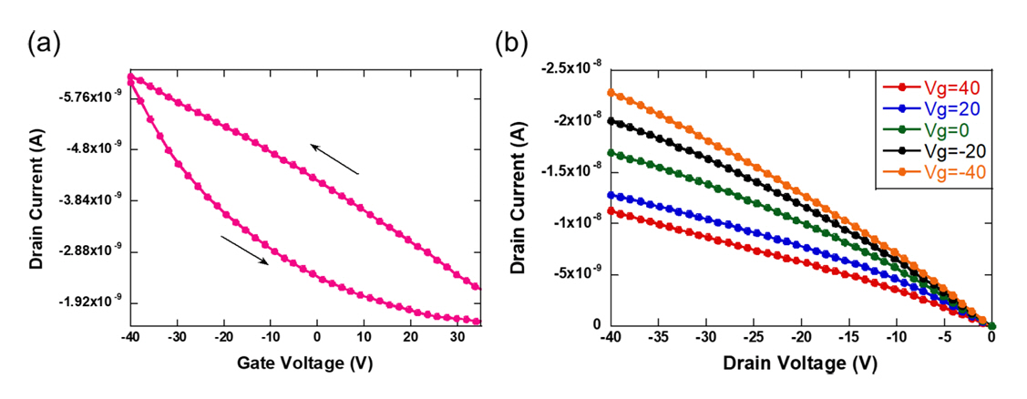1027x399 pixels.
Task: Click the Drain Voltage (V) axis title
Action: [799, 363]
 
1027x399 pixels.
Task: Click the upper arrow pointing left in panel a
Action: [334, 159]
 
